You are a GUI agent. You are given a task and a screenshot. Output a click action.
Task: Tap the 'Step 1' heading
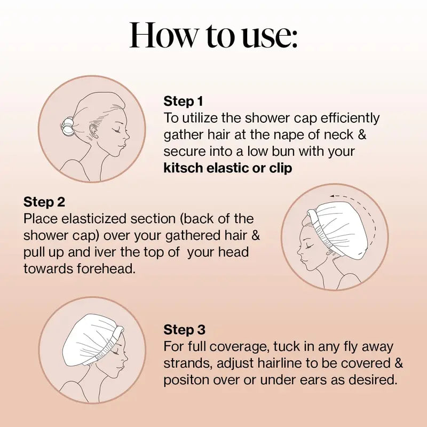183,101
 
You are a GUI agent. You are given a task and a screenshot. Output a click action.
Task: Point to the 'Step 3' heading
184,329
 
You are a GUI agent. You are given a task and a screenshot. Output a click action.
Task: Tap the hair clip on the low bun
68,127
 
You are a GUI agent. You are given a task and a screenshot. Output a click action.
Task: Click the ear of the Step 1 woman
94,128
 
